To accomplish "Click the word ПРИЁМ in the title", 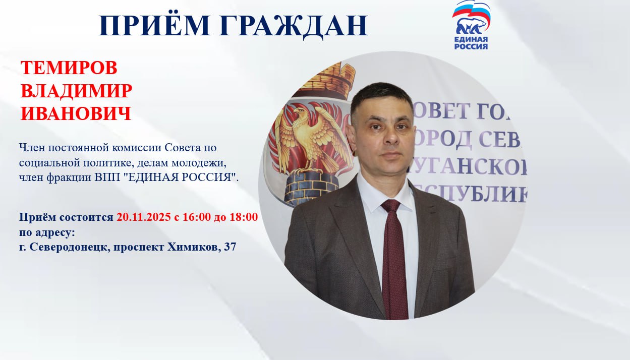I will point(154,25).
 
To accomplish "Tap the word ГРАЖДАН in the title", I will point(292,26).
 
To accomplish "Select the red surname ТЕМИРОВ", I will point(69,68).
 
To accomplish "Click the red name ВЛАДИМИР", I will point(77,91).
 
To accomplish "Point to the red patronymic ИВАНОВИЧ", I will point(76,114).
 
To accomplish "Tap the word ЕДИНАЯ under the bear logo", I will point(471,39).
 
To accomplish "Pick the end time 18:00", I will point(242,217).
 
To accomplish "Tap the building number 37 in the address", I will point(231,247).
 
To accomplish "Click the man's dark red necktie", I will point(394,262).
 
